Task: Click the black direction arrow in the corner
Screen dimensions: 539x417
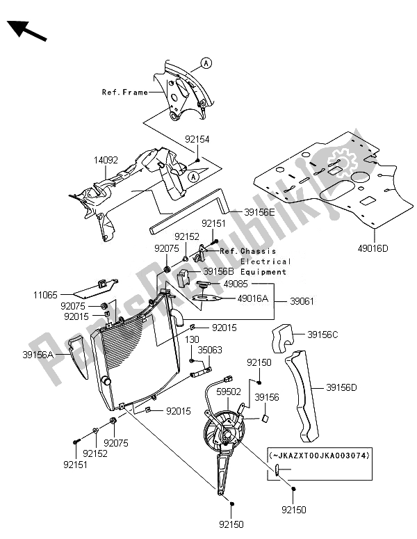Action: pyautogui.click(x=27, y=31)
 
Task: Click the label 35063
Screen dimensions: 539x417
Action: pyautogui.click(x=210, y=352)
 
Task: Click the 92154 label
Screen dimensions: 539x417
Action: pyautogui.click(x=197, y=139)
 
